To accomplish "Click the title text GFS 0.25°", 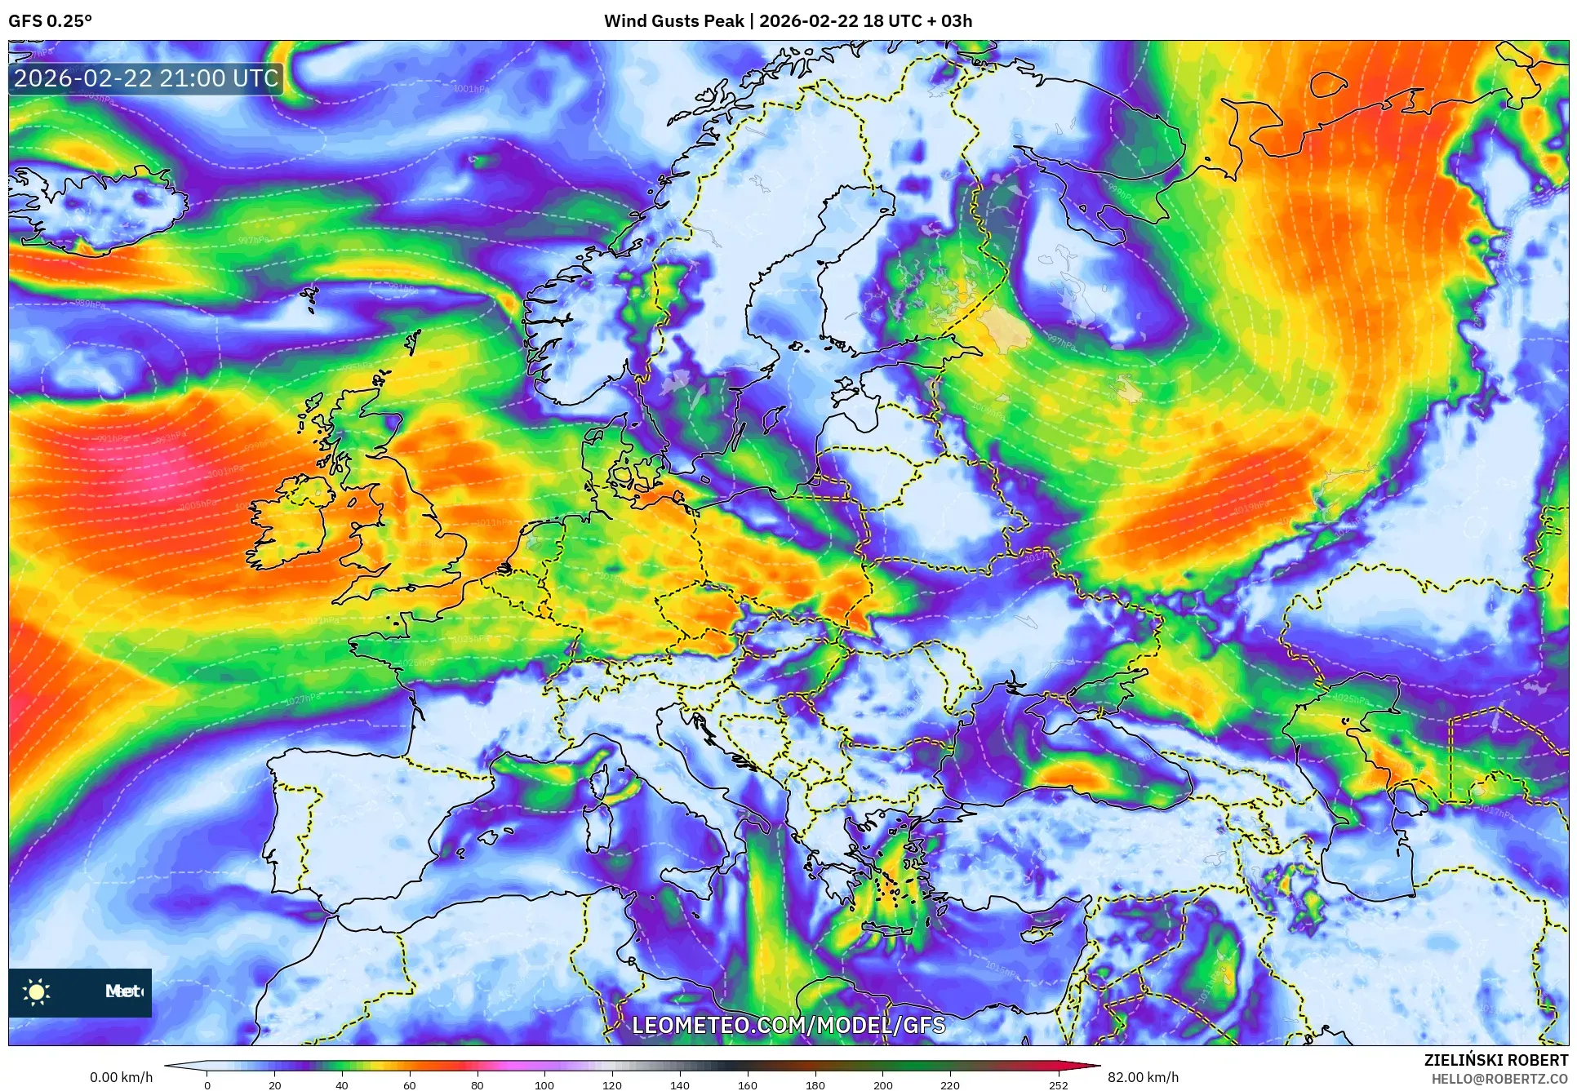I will pos(50,21).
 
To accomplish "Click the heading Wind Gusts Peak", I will pos(673,21).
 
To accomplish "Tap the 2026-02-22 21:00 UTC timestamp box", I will pos(146,78).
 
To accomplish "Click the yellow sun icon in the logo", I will pos(37,991).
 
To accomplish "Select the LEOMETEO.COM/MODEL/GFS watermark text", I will pos(788,1025).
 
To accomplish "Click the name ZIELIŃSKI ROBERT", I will pos(1495,1060).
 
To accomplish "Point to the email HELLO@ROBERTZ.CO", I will pos(1499,1079).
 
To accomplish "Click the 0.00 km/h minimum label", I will pos(121,1077).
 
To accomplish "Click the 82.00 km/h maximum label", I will pos(1143,1077).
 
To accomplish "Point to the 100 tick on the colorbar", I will pos(544,1084).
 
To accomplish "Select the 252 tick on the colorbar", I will pos(1058,1084).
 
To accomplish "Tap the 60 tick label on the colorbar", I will pos(410,1084).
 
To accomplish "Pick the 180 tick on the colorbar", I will pos(815,1084).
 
